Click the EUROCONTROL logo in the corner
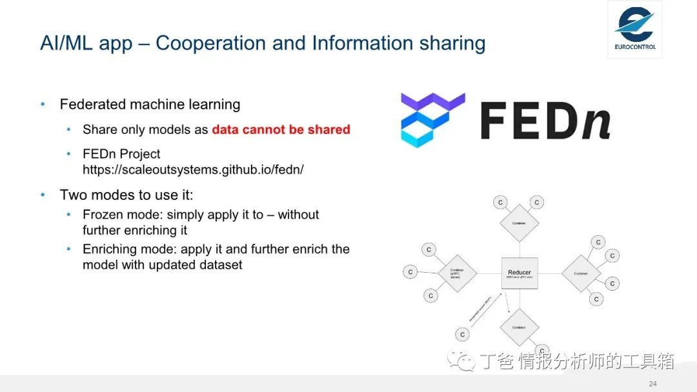(634, 28)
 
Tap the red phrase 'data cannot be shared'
(281, 130)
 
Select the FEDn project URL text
(193, 170)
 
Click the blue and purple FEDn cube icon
(432, 120)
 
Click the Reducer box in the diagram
(520, 273)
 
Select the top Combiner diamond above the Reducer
(520, 223)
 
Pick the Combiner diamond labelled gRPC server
(458, 273)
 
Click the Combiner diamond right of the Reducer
(581, 273)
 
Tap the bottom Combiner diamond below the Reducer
(520, 327)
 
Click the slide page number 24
(652, 384)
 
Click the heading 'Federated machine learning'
(150, 104)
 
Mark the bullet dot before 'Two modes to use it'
(43, 195)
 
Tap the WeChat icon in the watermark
(462, 361)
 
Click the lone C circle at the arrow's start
(462, 335)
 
